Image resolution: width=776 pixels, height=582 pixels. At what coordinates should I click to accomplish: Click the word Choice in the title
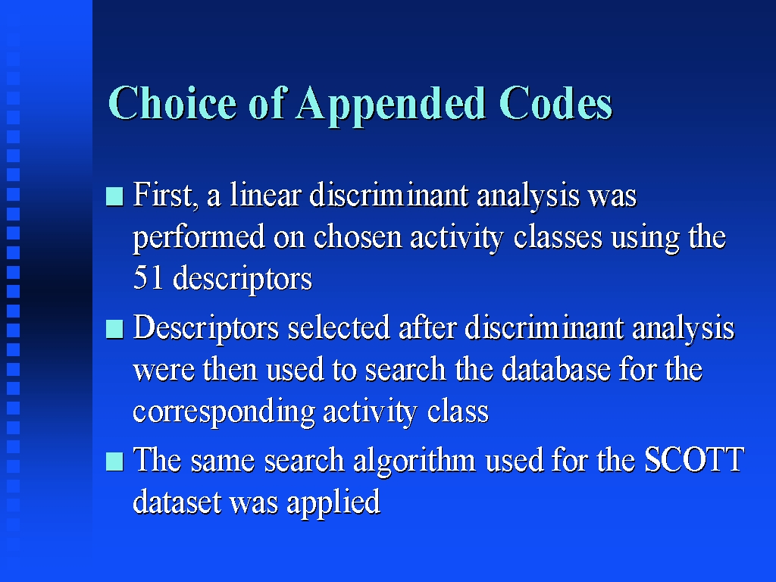(172, 102)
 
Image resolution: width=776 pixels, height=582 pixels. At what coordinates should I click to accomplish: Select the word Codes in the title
(555, 103)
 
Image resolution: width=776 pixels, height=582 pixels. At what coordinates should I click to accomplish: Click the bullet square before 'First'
(114, 196)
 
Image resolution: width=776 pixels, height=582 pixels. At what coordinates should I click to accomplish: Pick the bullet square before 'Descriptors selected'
(114, 329)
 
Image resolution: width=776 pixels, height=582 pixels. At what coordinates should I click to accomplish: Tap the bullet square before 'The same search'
(114, 462)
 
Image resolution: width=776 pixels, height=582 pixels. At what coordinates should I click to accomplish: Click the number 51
(148, 278)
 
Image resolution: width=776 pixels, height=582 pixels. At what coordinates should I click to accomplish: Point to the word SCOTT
(694, 459)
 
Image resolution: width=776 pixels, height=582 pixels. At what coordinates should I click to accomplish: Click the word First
(165, 195)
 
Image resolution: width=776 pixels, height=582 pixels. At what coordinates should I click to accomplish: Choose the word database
(555, 369)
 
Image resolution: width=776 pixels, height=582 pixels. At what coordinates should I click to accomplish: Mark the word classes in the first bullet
(558, 236)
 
